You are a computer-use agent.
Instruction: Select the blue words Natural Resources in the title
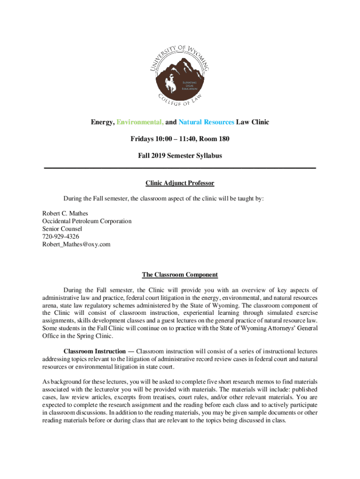pos(206,123)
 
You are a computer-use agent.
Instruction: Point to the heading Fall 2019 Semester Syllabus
pos(180,155)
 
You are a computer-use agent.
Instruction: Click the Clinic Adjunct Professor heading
pos(180,183)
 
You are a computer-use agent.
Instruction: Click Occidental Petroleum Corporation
pos(87,221)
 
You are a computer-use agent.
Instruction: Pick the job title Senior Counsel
pos(62,229)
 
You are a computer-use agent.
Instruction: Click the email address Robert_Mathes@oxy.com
pos(76,244)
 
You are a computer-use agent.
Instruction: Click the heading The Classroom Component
pos(180,275)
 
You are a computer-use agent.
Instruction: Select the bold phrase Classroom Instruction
pos(94,351)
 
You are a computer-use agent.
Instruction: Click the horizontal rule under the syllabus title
pos(180,167)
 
